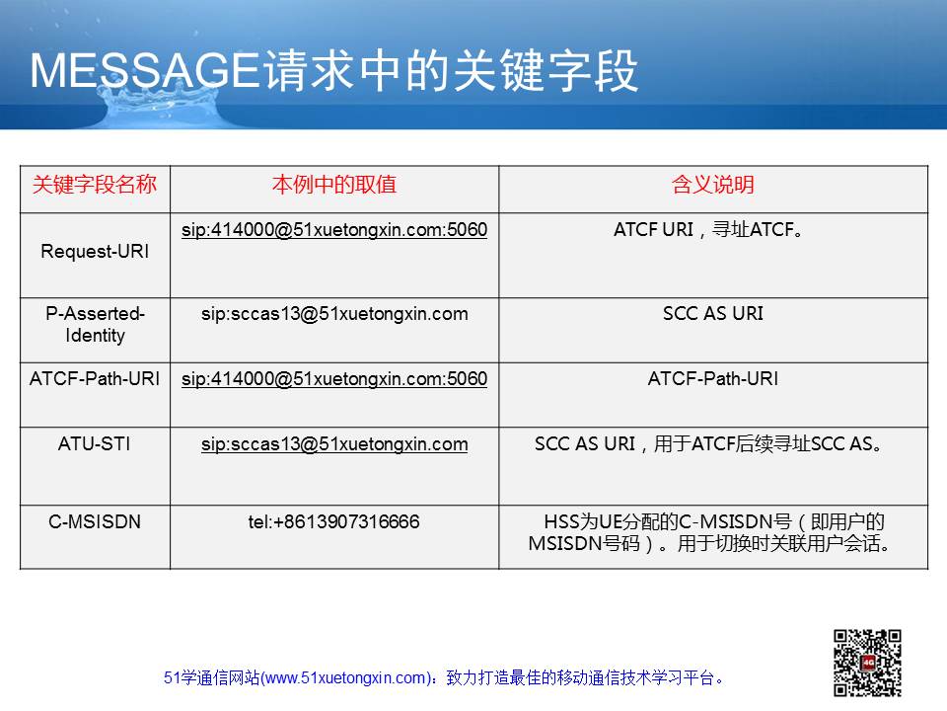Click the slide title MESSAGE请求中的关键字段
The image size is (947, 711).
coord(334,71)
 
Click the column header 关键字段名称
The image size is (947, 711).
coord(95,185)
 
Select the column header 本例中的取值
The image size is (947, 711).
coord(334,185)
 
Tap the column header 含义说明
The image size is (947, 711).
coord(712,185)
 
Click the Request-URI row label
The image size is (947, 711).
coord(95,251)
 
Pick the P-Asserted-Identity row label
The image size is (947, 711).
coord(95,324)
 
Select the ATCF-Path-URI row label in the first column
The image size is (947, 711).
coord(95,378)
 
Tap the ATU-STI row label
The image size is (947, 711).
coord(95,443)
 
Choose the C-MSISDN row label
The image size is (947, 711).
coord(95,521)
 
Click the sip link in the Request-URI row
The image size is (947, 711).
coord(334,230)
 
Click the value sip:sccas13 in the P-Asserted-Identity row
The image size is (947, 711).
coord(334,314)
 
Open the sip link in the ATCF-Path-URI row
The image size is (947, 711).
coord(334,379)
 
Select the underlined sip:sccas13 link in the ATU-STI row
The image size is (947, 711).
coord(334,444)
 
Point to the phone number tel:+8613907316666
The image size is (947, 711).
coord(333,521)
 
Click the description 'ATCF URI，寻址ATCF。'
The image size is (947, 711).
coord(708,230)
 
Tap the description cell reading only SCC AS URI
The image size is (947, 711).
coord(712,313)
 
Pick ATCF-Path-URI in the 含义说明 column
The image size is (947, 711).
coord(712,378)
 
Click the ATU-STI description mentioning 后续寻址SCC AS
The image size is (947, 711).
coord(708,444)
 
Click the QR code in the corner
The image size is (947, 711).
coord(867,663)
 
